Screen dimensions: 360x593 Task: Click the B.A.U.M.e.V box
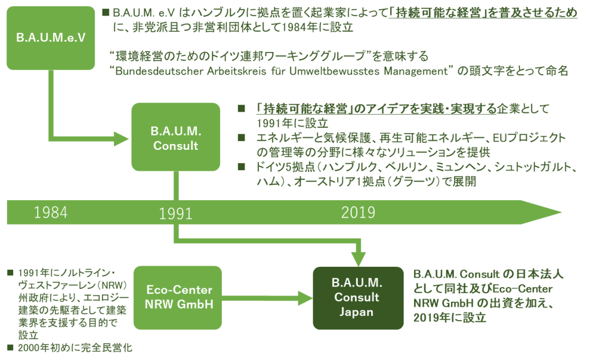(x=50, y=38)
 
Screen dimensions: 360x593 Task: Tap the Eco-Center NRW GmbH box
(x=178, y=297)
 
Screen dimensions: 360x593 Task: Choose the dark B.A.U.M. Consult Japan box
(x=357, y=297)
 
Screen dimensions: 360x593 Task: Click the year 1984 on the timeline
(x=50, y=212)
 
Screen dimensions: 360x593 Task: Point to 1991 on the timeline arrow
(x=175, y=214)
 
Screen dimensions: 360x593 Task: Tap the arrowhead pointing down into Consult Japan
(x=360, y=260)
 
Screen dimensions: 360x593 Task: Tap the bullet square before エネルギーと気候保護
(x=242, y=138)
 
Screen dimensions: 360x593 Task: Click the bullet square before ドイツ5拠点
(x=242, y=167)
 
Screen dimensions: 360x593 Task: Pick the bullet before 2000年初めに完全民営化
(x=9, y=347)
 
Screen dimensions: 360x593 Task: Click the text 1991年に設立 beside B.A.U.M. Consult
(x=292, y=123)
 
